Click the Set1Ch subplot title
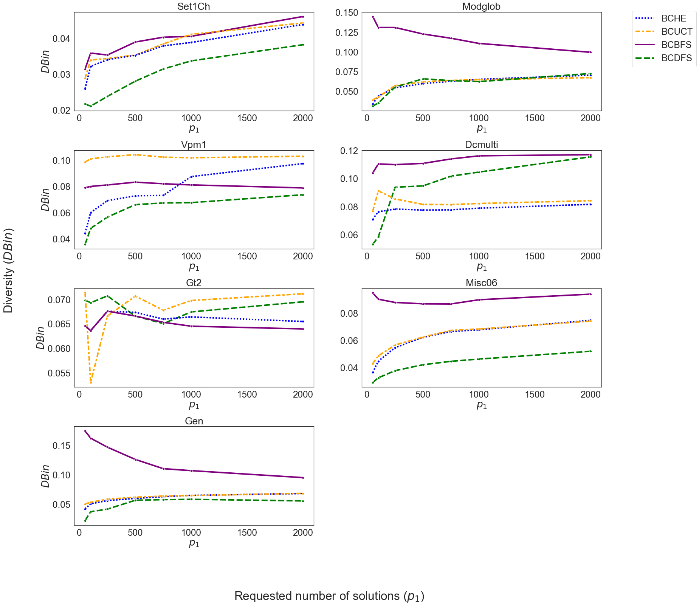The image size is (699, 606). (x=194, y=6)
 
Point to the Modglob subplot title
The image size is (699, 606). (x=481, y=6)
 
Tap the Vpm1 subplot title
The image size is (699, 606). (x=194, y=145)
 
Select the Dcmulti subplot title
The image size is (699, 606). (x=481, y=145)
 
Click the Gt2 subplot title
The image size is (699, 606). (x=194, y=283)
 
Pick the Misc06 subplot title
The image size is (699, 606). (x=481, y=283)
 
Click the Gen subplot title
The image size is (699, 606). (x=194, y=421)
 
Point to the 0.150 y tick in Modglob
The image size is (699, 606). (x=346, y=13)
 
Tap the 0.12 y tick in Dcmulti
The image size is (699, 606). (x=349, y=151)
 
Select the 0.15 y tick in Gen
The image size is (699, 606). (x=61, y=446)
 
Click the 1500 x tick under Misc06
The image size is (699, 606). (x=535, y=395)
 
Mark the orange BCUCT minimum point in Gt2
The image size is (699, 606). (x=91, y=382)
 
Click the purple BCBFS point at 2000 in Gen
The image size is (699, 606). (x=303, y=478)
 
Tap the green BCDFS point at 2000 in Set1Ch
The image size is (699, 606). (x=303, y=45)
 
